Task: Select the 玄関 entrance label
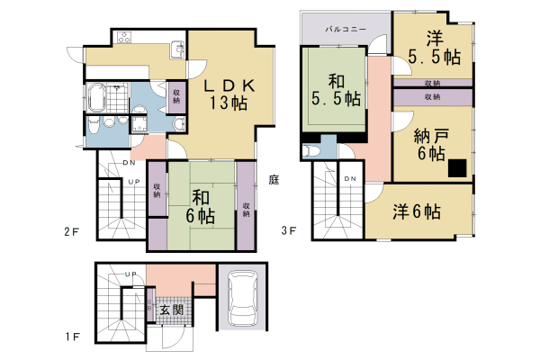click(172, 310)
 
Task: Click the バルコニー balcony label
click(346, 30)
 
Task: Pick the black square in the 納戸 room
click(459, 167)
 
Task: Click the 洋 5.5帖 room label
click(435, 48)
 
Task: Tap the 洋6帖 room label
click(416, 212)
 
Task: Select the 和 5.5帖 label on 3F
click(332, 88)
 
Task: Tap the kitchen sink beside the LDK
click(176, 49)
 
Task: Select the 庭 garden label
click(273, 179)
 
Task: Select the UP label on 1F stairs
click(130, 274)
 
